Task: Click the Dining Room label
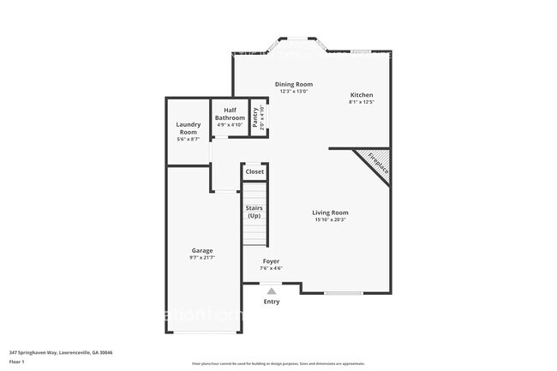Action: [x=293, y=85]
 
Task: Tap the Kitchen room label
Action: [x=361, y=95]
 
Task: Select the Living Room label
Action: [x=330, y=212]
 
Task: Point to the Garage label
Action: [x=202, y=250]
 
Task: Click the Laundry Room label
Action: [x=188, y=129]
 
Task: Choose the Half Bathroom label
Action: [x=229, y=114]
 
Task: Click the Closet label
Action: [x=255, y=172]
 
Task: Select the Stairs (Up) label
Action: [x=254, y=212]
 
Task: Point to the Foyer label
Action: [x=271, y=261]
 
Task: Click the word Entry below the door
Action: [x=272, y=302]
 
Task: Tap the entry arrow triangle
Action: [x=272, y=291]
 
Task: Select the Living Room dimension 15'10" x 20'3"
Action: [x=330, y=221]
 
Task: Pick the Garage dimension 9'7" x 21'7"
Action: [x=202, y=258]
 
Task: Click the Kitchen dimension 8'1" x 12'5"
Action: [x=361, y=103]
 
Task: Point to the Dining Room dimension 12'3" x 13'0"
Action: [x=293, y=93]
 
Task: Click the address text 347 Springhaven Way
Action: [x=61, y=352]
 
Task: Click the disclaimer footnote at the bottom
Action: [x=278, y=363]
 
